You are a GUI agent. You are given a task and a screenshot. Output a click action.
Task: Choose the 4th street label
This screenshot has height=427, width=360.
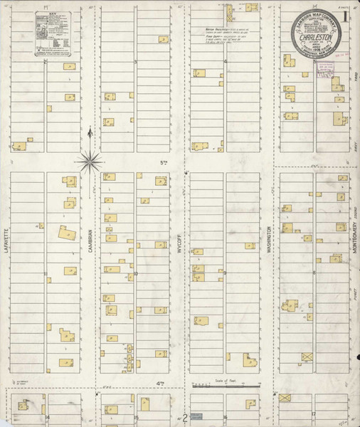click(x=161, y=384)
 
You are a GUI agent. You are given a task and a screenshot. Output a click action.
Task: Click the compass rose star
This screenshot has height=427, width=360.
click(x=90, y=159)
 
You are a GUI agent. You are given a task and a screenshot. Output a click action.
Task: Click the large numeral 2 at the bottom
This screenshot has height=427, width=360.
click(x=184, y=418)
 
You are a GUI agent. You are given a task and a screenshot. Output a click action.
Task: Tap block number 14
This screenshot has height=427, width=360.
click(x=48, y=416)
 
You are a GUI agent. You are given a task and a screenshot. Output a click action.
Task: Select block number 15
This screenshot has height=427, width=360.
click(x=135, y=418)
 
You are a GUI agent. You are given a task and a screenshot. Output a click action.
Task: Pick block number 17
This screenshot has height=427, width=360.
click(x=312, y=413)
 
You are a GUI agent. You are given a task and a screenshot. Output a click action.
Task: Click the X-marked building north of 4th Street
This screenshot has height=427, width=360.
click(x=307, y=356)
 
